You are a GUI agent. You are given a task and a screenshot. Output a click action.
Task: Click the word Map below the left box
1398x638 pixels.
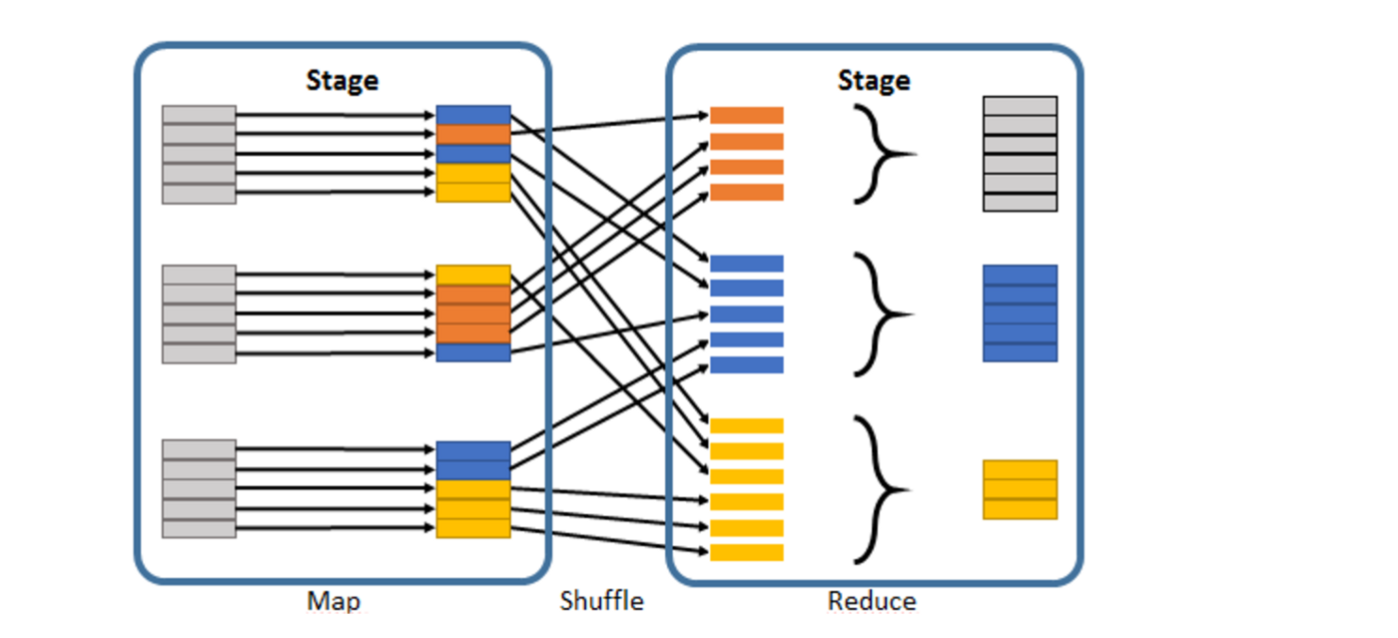(x=334, y=602)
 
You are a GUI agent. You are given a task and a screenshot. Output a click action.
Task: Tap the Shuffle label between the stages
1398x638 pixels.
(x=602, y=601)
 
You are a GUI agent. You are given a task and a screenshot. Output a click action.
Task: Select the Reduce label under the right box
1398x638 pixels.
(x=872, y=601)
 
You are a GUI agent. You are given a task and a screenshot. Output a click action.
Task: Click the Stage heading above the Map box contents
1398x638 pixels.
(x=343, y=81)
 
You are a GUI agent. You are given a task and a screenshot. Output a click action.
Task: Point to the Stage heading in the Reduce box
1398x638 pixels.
(x=874, y=81)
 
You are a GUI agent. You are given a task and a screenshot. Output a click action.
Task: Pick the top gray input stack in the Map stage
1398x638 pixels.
(x=200, y=154)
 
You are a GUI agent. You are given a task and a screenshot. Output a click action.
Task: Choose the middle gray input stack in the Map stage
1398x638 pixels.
(x=200, y=314)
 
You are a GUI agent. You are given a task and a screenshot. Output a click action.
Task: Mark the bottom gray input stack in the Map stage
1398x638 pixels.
(x=200, y=488)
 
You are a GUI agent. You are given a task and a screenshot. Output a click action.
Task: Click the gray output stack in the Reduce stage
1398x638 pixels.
(x=1020, y=154)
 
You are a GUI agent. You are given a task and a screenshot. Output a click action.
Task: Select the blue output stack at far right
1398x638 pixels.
(x=1020, y=313)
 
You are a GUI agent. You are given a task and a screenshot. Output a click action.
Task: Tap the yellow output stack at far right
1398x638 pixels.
(x=1020, y=489)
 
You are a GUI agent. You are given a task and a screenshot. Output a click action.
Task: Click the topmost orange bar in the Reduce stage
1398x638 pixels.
(x=746, y=116)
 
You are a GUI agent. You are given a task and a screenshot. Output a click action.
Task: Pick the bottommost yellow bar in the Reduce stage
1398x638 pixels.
(x=746, y=552)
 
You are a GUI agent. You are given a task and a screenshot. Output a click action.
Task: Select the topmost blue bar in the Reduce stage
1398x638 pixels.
(x=746, y=264)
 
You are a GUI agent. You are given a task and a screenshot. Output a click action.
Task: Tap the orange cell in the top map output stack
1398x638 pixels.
(x=473, y=135)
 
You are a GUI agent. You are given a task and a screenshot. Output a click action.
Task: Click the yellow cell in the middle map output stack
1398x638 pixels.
(x=473, y=276)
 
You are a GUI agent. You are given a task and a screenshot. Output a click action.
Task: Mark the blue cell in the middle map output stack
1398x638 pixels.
(x=473, y=352)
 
